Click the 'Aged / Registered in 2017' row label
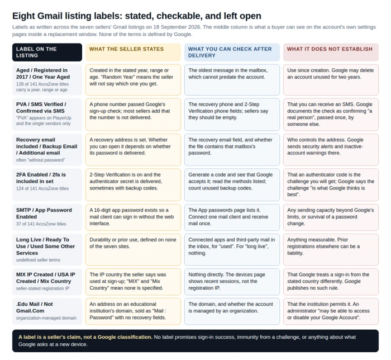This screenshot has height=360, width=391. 43,74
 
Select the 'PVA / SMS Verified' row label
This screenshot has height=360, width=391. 41,107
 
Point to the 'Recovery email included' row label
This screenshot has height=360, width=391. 46,146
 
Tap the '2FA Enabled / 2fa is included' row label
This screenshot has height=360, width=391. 41,178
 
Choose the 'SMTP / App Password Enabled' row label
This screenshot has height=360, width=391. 44,214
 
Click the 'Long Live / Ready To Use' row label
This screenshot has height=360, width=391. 45,246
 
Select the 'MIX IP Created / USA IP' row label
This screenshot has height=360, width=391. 46,278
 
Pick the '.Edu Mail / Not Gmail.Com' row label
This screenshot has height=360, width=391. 35,307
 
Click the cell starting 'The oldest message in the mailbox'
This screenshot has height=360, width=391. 232,80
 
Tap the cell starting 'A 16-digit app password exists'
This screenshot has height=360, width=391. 133,217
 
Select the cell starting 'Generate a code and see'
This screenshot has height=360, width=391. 232,184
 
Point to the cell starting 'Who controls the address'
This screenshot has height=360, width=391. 331,150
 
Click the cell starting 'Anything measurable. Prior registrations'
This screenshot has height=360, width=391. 331,249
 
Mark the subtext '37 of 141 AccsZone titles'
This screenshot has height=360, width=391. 41,224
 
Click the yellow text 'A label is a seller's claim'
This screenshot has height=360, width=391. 85,337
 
